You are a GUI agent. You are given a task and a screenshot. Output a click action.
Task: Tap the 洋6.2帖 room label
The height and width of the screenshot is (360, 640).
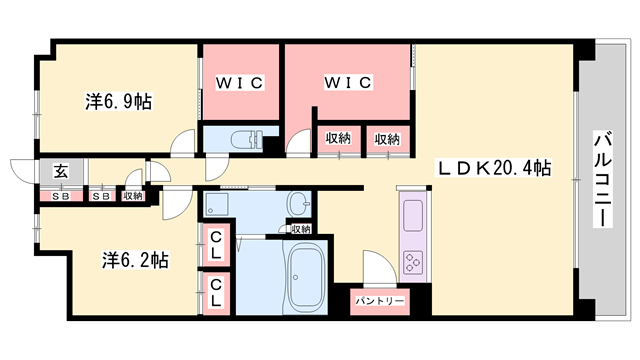(133, 260)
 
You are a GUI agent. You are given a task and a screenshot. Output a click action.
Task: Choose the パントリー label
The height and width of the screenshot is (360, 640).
(378, 300)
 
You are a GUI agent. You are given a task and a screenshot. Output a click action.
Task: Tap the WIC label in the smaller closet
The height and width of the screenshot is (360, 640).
(240, 83)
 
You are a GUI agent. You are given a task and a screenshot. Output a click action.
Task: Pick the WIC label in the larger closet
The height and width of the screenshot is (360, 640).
(347, 83)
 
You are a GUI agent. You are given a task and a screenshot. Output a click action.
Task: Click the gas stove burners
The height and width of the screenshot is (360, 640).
(412, 262)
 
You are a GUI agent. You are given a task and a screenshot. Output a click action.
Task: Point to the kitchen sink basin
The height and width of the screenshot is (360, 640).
(412, 212)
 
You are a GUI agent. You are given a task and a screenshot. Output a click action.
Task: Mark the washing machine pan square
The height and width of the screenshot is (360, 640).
(218, 205)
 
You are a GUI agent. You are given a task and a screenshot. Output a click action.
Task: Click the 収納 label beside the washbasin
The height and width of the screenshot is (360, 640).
(300, 229)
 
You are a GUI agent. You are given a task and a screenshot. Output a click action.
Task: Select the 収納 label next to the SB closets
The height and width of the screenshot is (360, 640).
(133, 196)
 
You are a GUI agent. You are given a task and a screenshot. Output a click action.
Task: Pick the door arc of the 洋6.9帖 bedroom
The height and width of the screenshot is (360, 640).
(181, 145)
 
